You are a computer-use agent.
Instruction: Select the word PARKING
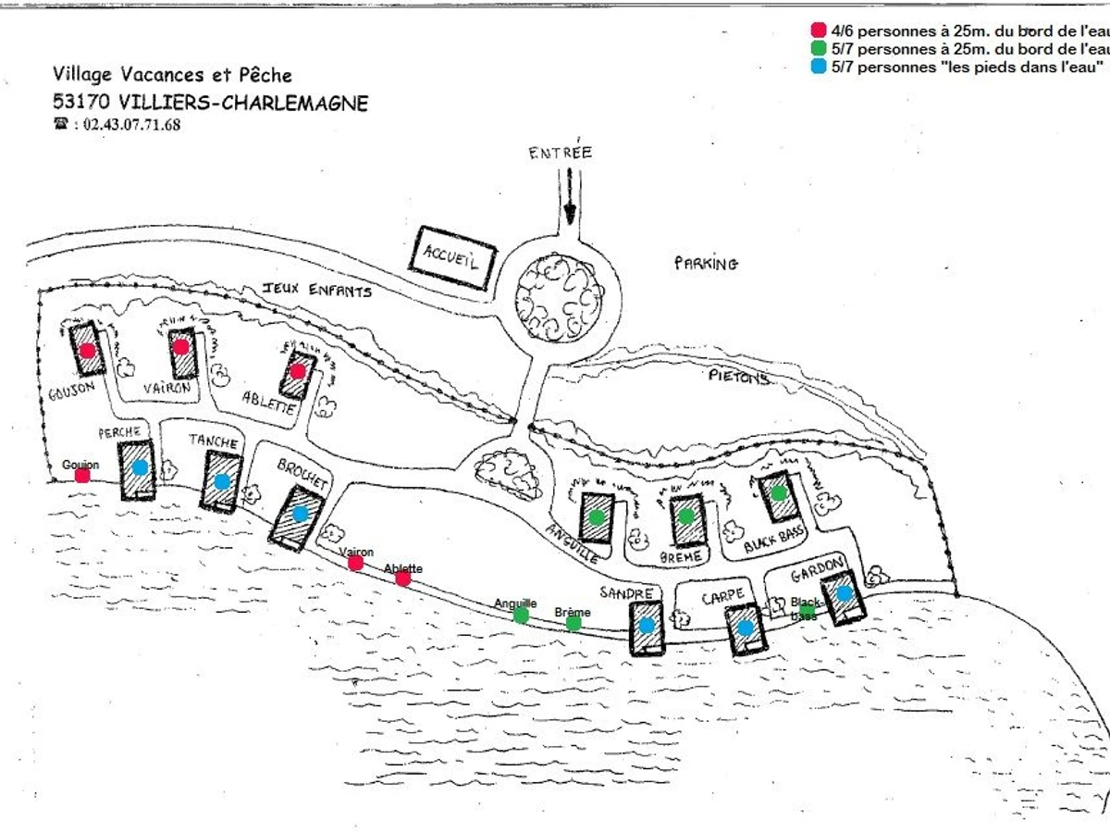(706, 264)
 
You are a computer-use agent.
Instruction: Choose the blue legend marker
(818, 67)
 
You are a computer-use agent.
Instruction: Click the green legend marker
(818, 48)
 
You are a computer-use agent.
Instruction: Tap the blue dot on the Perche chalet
(140, 467)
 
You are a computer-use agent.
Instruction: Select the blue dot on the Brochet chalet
(300, 513)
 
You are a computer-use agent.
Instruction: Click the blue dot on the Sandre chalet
(647, 625)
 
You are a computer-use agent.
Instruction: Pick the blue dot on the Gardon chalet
(844, 592)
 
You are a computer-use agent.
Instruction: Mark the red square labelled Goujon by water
(82, 476)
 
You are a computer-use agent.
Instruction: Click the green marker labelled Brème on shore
(573, 623)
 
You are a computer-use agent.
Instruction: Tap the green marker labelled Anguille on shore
(521, 615)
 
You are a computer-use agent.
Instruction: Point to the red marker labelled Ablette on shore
(403, 578)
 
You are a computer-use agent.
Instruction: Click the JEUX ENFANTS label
(317, 291)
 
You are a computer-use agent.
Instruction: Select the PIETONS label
(739, 377)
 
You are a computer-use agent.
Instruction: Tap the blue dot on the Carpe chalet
(746, 628)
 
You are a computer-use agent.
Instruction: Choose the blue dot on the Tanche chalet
(222, 481)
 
